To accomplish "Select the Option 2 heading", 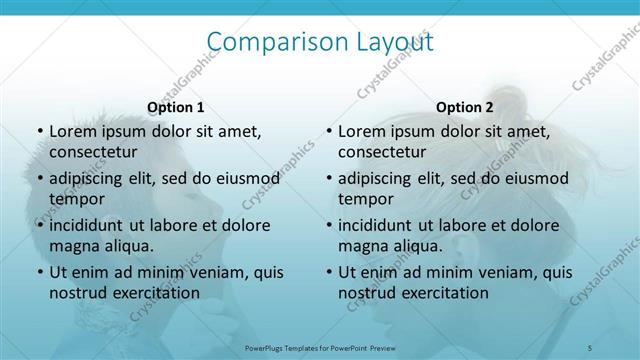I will pos(464,107).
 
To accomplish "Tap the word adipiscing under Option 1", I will pos(89,178).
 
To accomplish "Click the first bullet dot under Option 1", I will pos(40,131).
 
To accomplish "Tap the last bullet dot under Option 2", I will pos(329,272).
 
